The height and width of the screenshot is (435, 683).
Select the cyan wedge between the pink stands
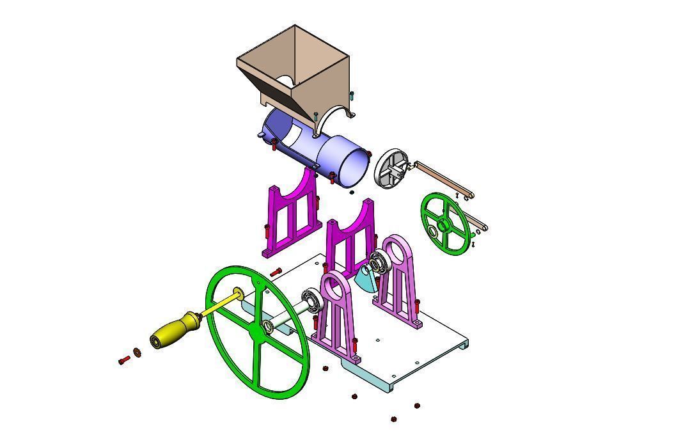click(x=366, y=278)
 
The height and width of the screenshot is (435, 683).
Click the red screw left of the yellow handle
click(x=124, y=361)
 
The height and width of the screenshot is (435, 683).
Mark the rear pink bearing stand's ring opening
click(x=398, y=251)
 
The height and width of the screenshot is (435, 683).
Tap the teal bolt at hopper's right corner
click(x=351, y=96)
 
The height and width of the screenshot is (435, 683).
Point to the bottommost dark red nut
click(x=393, y=420)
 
